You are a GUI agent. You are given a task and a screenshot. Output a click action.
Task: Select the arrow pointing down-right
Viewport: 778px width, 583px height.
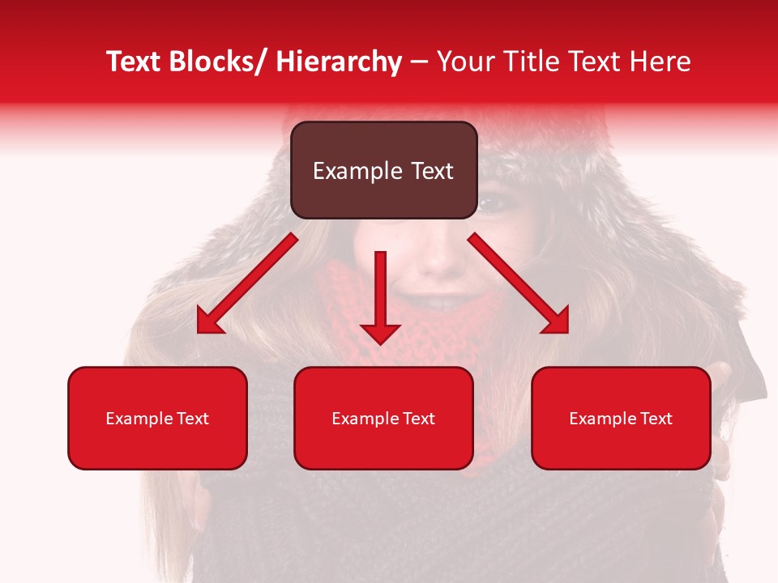point(519,283)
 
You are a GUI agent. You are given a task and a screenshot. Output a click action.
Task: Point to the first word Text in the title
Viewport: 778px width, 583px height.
point(134,62)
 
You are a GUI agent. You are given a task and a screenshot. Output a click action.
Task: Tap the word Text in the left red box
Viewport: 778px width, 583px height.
point(193,419)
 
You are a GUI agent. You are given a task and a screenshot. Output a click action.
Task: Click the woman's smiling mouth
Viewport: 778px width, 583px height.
point(438,304)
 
